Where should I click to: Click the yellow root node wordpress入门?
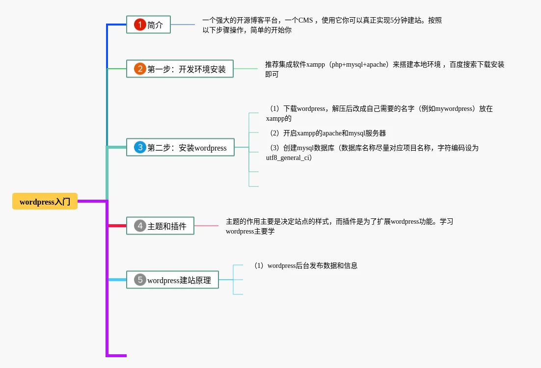coord(45,201)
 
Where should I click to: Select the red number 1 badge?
coord(140,25)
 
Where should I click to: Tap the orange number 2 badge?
coord(140,69)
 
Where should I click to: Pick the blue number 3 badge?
coord(140,147)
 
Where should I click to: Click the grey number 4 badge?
coord(140,226)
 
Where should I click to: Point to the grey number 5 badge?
coord(140,280)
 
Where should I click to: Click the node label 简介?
coord(155,25)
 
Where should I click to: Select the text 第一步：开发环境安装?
coord(187,69)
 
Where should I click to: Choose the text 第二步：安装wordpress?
coord(187,148)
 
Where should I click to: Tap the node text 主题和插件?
coord(167,226)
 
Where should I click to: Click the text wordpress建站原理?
coord(179,280)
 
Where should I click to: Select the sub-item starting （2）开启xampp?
coord(326,133)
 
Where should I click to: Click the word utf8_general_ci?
coord(289,158)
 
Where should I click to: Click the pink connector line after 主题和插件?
coord(206,226)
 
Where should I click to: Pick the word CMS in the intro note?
coord(305,20)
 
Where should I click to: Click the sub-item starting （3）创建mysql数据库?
coord(372,148)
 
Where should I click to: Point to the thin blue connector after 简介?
coord(183,25)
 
